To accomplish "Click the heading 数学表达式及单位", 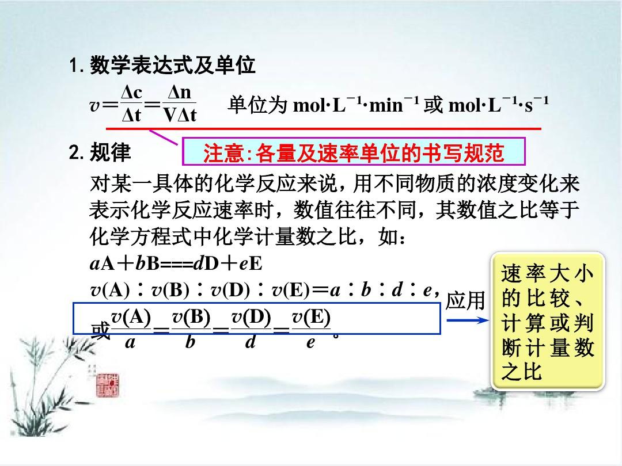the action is pos(173,65).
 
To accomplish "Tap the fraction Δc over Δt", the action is pos(132,104).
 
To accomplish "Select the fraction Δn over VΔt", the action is pos(180,104).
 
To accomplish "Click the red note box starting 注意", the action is pos(354,152).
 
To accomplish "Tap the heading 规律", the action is pos(110,152).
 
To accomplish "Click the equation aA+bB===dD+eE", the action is pos(176,263).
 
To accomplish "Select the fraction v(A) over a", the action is pos(131,329).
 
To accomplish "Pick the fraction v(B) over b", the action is pos(191,329).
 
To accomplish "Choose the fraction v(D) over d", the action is pos(251,329).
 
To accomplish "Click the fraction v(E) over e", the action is pos(311,329).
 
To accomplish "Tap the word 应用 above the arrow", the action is pos(465,300).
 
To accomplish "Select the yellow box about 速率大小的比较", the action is pos(548,322).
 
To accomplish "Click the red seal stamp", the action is pos(108,384).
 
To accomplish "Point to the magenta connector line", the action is pos(164,137).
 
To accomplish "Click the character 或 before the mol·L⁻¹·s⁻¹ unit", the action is pos(433,105).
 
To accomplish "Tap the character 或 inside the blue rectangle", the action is pos(100,330).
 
